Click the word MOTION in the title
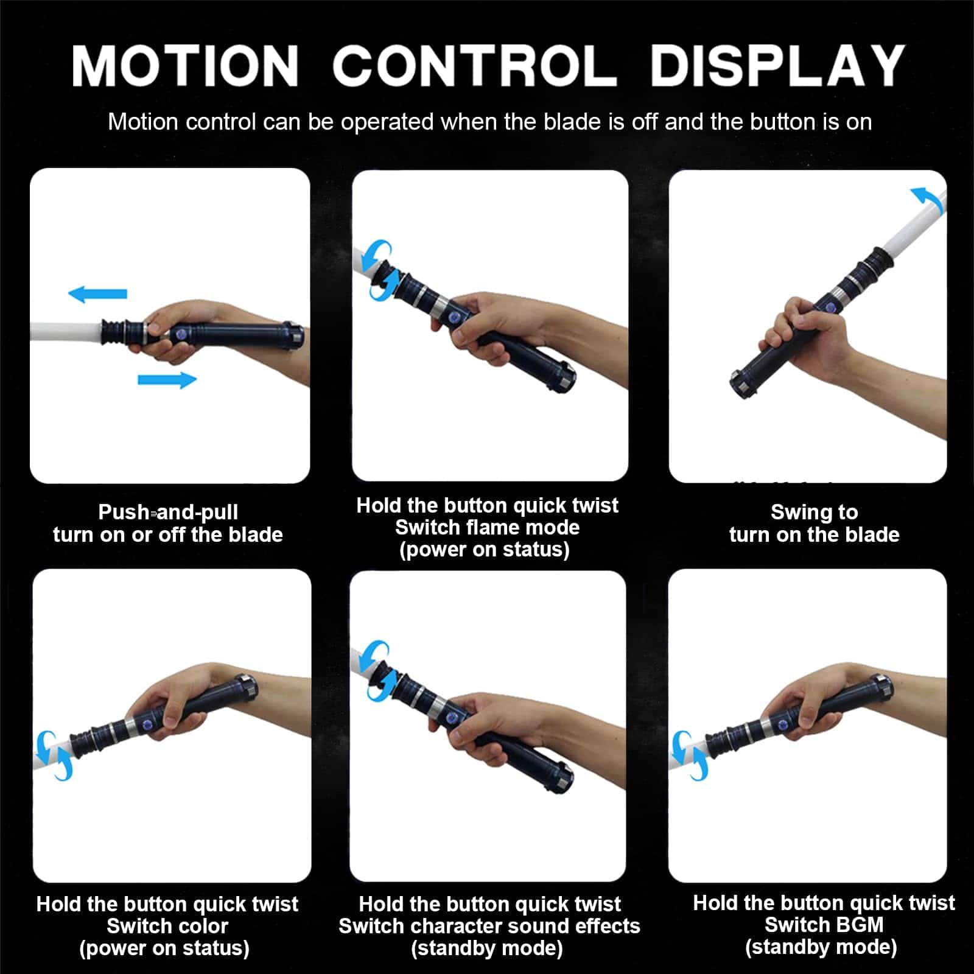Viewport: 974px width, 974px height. [x=185, y=65]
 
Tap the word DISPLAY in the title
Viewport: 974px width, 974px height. [x=777, y=65]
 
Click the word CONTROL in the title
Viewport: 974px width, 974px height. [x=474, y=65]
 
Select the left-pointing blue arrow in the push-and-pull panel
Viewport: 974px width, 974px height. [x=97, y=294]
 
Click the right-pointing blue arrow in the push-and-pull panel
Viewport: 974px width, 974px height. [x=167, y=380]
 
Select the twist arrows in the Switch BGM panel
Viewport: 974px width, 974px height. [x=689, y=755]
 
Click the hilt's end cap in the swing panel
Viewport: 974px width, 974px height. [x=742, y=384]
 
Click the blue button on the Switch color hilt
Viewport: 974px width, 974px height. [x=147, y=726]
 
